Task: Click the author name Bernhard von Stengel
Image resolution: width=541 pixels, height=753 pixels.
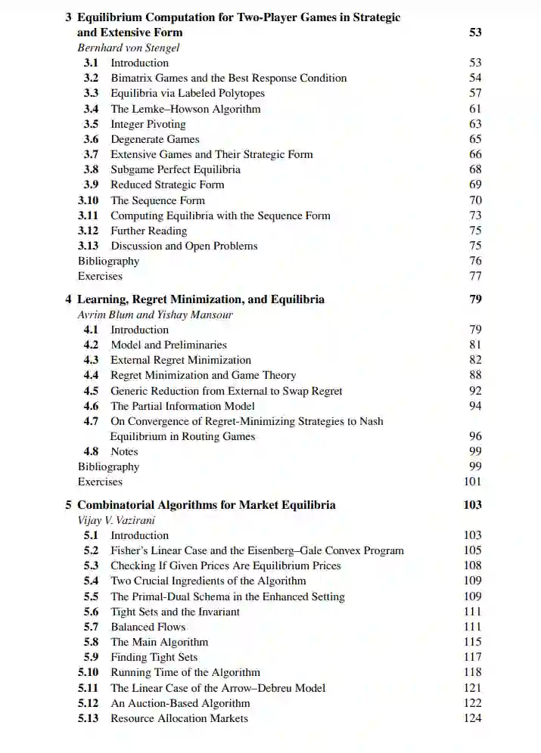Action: (129, 48)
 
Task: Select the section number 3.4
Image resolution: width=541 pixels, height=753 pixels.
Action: (91, 109)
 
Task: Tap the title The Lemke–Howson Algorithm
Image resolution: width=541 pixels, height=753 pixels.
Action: (185, 109)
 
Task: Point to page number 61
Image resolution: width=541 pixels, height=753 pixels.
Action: (475, 109)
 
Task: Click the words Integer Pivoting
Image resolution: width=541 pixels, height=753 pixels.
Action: (148, 124)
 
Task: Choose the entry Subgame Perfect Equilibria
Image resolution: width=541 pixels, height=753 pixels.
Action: (176, 169)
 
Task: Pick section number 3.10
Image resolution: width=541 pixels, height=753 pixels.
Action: (89, 200)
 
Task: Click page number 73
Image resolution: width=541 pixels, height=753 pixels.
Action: (475, 215)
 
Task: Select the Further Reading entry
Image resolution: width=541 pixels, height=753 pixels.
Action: (148, 231)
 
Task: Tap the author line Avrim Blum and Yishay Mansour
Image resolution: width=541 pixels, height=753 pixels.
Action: (155, 315)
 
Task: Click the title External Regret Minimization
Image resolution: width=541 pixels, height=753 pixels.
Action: (181, 360)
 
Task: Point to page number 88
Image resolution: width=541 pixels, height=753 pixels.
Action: (475, 375)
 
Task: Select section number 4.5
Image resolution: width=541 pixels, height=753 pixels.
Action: (91, 391)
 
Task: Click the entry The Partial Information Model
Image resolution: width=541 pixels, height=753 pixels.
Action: (182, 406)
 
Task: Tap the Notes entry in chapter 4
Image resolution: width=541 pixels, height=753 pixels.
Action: (124, 451)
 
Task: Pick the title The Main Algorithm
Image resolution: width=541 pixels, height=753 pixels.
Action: (159, 642)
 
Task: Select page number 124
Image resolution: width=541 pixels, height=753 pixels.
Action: (472, 718)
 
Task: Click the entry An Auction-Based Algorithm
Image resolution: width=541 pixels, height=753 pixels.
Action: (180, 703)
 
